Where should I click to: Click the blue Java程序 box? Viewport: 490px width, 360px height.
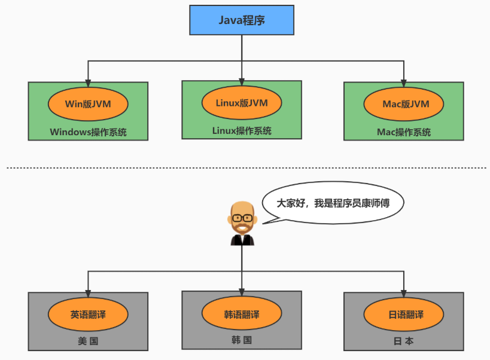click(x=242, y=20)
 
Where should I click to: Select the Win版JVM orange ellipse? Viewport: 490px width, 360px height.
click(x=88, y=103)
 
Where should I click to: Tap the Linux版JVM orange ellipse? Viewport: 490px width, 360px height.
click(x=242, y=103)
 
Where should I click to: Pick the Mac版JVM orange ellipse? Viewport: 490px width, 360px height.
click(x=404, y=103)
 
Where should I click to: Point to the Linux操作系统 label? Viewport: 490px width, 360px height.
click(x=242, y=130)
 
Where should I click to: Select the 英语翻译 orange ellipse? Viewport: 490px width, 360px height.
click(x=88, y=314)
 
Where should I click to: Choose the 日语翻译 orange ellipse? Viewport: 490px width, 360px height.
click(x=404, y=315)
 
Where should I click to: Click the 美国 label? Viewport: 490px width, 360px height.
click(x=88, y=341)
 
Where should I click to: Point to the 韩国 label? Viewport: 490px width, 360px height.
click(x=242, y=340)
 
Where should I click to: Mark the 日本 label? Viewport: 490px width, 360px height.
click(x=404, y=342)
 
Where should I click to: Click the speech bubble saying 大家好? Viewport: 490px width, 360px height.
click(x=333, y=203)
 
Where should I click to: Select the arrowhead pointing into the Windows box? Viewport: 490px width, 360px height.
click(x=88, y=78)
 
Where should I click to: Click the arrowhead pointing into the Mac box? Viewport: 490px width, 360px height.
click(x=404, y=78)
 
